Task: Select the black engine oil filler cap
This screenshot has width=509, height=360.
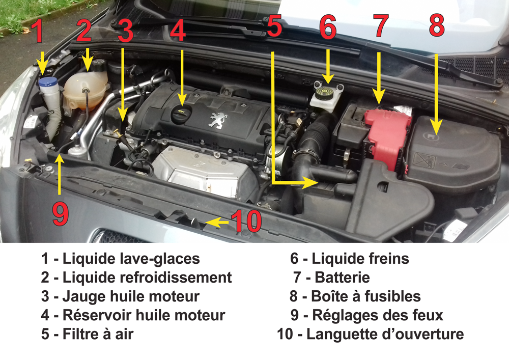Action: (181, 114)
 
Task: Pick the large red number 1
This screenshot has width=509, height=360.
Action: (39, 31)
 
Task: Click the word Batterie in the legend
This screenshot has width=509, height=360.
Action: (342, 278)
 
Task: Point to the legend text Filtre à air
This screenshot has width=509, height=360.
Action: (98, 334)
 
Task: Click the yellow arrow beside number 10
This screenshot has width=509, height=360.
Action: (217, 223)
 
